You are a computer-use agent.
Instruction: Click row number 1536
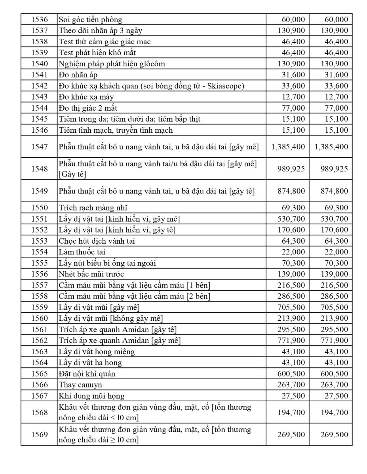pos(39,19)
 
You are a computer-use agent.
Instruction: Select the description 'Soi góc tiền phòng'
pos(91,19)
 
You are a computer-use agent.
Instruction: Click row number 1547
pos(39,147)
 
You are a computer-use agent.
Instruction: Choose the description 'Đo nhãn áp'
pos(78,75)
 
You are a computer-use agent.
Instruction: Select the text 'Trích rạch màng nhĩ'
pos(93,208)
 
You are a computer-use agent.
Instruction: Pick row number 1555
pos(39,263)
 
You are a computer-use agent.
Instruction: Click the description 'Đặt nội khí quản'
pos(87,374)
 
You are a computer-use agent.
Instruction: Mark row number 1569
pos(39,434)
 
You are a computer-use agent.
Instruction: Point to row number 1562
pos(39,340)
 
